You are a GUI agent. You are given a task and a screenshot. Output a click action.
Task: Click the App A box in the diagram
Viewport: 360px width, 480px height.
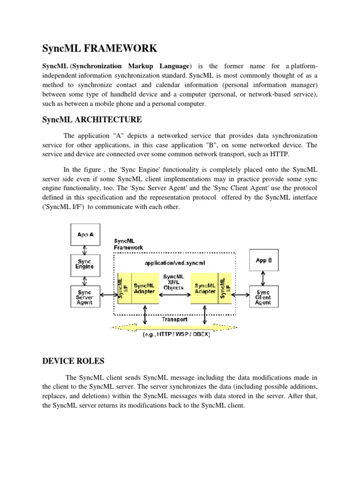(85, 234)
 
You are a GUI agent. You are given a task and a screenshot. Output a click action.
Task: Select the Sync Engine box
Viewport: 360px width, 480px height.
(85, 264)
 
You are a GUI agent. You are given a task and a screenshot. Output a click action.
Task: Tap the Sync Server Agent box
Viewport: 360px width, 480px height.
(85, 297)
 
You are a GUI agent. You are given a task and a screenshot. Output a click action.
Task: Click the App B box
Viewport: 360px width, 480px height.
(263, 261)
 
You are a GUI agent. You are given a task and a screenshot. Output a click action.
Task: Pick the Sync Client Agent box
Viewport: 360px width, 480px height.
(263, 297)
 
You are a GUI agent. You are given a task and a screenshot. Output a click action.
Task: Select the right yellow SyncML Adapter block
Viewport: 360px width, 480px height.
(205, 288)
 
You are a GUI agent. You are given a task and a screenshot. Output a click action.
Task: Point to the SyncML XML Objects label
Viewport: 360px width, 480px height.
(173, 282)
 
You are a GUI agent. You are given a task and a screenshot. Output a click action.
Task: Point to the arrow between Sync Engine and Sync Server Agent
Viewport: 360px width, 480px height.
(85, 279)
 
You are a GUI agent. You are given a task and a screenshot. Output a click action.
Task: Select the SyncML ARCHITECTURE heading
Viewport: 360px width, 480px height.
(92, 120)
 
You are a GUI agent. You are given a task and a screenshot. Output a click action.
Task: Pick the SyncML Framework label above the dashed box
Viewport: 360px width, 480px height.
(128, 244)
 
